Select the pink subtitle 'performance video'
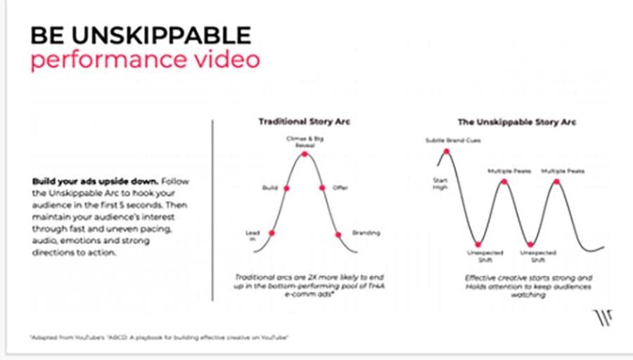(x=144, y=60)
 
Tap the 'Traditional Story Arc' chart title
(x=305, y=122)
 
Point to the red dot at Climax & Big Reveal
(x=305, y=153)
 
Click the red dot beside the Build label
(x=286, y=188)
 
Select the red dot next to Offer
(x=321, y=188)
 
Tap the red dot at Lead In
(x=271, y=232)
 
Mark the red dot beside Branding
(x=337, y=233)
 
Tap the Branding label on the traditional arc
(x=366, y=233)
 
